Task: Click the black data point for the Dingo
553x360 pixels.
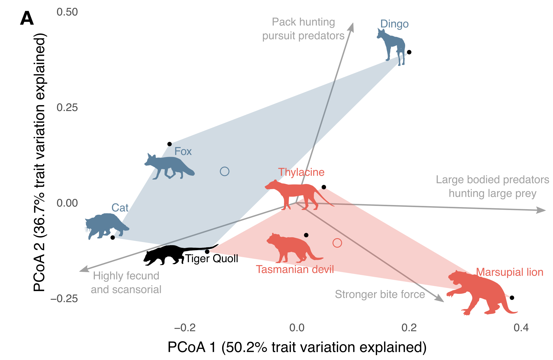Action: [409, 52]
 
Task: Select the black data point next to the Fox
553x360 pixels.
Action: [170, 144]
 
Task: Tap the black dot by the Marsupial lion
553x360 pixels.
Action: [512, 298]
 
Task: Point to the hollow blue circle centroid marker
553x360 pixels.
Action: [225, 171]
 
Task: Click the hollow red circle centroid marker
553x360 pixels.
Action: [337, 243]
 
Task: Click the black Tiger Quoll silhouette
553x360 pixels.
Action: [170, 254]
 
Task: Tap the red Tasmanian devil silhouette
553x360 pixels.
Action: [290, 248]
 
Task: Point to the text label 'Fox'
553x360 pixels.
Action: [183, 151]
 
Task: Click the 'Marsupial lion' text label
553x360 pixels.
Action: [509, 272]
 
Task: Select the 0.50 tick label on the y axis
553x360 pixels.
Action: [67, 12]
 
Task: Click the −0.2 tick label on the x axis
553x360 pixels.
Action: [185, 327]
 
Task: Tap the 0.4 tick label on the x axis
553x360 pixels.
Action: [521, 327]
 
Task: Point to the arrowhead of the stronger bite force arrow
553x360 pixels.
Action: [440, 298]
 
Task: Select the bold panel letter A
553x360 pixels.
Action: [27, 18]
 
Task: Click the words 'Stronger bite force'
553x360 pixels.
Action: [380, 294]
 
